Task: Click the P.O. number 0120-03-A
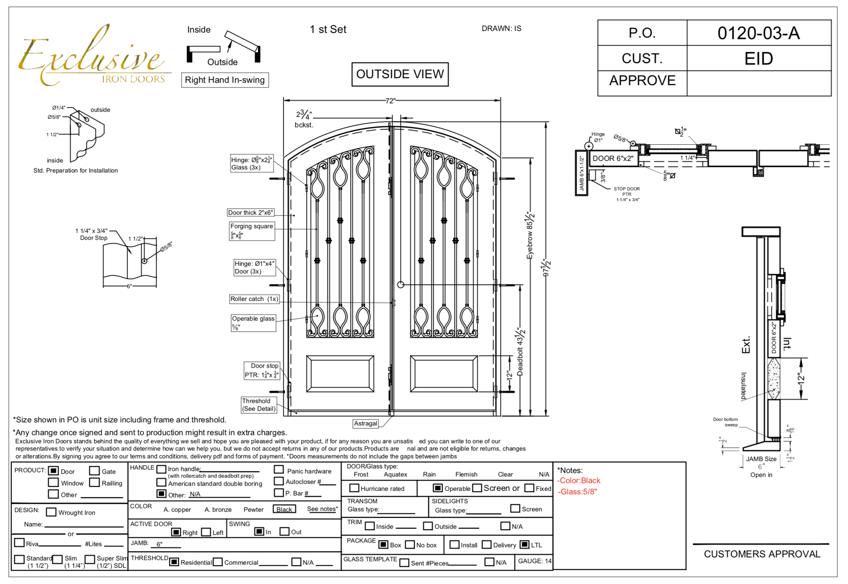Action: (x=758, y=33)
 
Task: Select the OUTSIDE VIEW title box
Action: (x=400, y=74)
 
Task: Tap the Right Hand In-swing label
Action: (x=225, y=80)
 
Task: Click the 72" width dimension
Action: (x=390, y=101)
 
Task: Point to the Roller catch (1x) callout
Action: (x=254, y=299)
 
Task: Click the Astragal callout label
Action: (x=365, y=423)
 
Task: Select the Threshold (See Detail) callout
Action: (x=259, y=405)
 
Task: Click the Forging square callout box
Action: (x=252, y=231)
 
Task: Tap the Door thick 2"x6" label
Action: (x=250, y=213)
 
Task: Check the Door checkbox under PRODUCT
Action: (x=53, y=471)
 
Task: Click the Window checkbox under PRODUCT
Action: (x=53, y=483)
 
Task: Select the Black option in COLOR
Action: (x=284, y=509)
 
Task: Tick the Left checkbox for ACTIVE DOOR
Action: (x=206, y=532)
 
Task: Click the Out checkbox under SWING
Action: (x=284, y=531)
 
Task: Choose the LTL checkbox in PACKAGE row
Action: (x=524, y=545)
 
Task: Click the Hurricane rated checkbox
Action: (x=354, y=488)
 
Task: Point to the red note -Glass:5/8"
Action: (x=577, y=492)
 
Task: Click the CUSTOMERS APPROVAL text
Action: (x=762, y=554)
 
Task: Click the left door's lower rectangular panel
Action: (x=340, y=374)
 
